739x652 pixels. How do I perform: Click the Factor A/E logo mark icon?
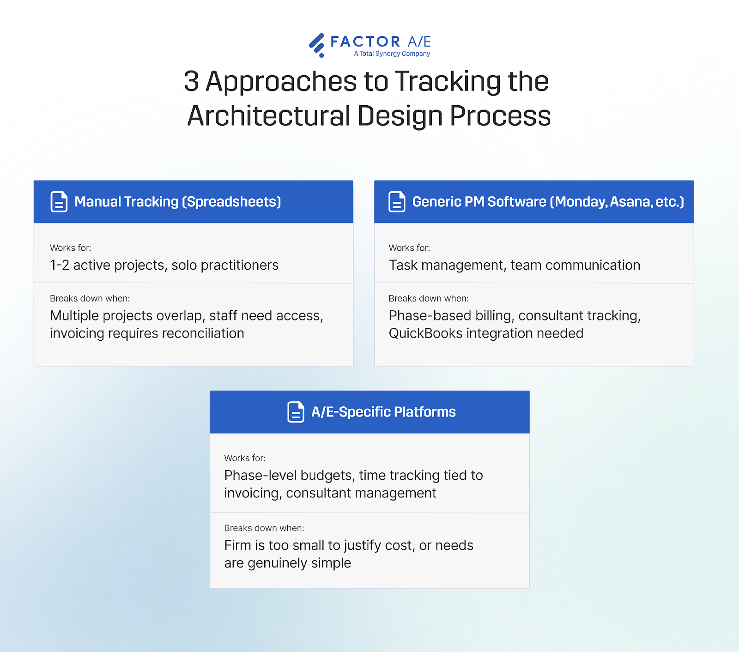(317, 45)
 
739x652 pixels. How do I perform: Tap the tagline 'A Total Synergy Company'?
(392, 54)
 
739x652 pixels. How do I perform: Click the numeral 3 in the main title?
(191, 81)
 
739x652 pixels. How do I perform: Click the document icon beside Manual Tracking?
(59, 202)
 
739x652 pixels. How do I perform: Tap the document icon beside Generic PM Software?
(397, 202)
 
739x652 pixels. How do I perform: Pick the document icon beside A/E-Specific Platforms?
(296, 412)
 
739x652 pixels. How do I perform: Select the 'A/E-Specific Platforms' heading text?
(383, 412)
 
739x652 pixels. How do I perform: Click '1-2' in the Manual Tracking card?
(60, 265)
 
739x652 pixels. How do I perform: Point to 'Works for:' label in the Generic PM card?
(409, 248)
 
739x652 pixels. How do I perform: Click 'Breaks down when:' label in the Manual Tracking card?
(90, 299)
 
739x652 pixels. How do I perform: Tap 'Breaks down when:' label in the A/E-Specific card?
(264, 528)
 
